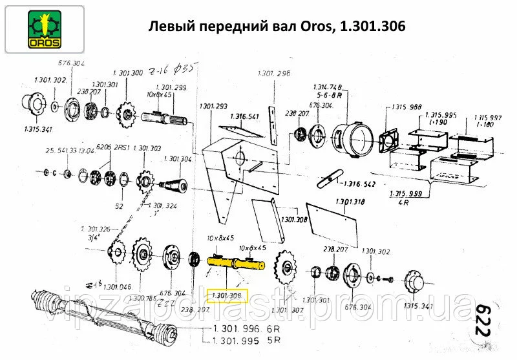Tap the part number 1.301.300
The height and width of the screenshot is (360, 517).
tap(128, 74)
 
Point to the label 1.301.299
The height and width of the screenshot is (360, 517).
tap(171, 87)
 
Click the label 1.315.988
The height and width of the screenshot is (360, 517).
tap(406, 107)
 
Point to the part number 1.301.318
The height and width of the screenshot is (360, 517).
tap(350, 202)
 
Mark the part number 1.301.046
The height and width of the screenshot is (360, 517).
tap(116, 286)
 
